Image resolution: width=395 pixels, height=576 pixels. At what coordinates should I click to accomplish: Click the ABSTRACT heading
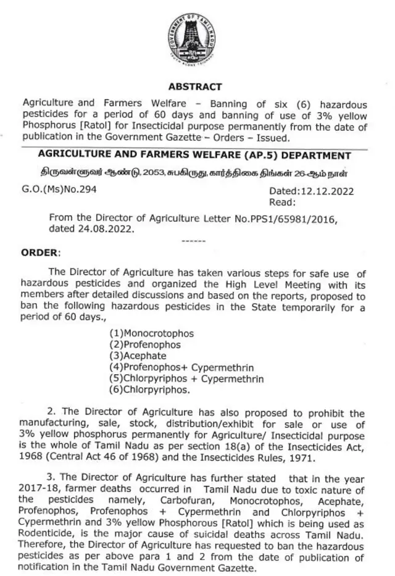click(195, 87)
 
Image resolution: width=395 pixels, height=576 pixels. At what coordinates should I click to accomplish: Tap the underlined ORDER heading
click(41, 253)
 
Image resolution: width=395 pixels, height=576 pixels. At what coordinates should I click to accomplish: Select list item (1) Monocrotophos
click(151, 333)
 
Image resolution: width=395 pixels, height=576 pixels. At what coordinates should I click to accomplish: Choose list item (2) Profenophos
click(145, 344)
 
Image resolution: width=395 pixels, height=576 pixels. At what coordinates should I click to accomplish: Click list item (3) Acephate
click(140, 356)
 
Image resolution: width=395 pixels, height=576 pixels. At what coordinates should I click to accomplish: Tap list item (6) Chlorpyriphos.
click(149, 390)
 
